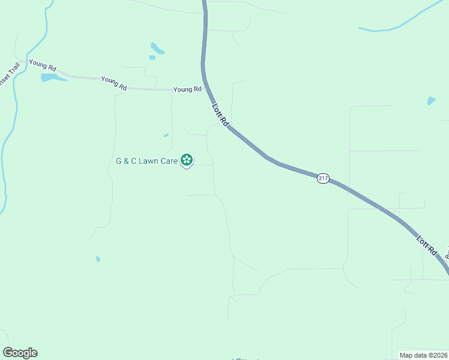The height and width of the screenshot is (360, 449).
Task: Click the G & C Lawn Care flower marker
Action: (x=187, y=160)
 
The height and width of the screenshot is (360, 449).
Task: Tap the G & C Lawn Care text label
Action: (x=146, y=161)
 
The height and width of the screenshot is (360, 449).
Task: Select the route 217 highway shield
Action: (x=323, y=179)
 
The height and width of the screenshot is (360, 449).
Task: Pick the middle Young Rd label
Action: (x=114, y=83)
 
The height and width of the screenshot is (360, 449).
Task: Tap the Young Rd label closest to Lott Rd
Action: (x=187, y=89)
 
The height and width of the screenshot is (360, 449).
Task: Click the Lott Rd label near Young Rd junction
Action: (x=220, y=115)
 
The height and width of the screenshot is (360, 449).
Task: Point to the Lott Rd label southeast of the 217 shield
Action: (x=426, y=246)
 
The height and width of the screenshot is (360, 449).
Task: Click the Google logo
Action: (x=20, y=353)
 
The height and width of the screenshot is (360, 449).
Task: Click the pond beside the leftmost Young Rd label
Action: (x=52, y=77)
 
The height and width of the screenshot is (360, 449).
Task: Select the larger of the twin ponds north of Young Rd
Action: (x=157, y=48)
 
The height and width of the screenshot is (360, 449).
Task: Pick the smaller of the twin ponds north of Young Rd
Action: (x=152, y=58)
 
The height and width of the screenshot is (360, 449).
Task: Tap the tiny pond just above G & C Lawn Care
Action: (x=166, y=135)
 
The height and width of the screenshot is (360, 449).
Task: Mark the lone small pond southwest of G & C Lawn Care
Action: (x=98, y=259)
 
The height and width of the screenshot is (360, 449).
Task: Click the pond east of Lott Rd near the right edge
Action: (x=431, y=101)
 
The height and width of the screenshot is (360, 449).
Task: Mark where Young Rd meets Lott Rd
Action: (x=207, y=89)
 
